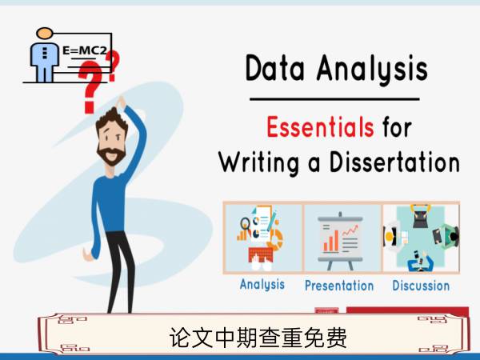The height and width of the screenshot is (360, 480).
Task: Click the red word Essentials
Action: (320, 126)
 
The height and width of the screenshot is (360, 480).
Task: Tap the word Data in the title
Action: (275, 68)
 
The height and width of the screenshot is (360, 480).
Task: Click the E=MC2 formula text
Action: (85, 50)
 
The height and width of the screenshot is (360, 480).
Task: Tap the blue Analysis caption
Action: (262, 285)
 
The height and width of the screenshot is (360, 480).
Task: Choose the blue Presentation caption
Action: (339, 286)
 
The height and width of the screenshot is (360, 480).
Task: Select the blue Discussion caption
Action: (421, 286)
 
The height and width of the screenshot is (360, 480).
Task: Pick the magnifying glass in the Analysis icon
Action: (245, 223)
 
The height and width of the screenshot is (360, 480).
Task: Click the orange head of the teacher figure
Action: (45, 33)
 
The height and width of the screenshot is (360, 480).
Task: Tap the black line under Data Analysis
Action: (334, 99)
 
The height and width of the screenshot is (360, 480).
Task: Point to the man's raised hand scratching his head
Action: (122, 102)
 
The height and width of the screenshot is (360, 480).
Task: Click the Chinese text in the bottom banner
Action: (258, 337)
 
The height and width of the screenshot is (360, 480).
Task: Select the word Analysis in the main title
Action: (372, 69)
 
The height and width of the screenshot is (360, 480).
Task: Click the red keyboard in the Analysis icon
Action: (261, 254)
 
